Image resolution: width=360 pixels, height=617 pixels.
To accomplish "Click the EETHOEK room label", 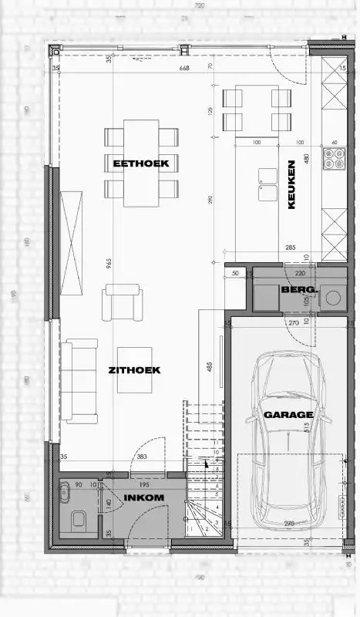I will [140, 163].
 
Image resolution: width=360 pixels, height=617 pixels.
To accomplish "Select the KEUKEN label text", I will [292, 184].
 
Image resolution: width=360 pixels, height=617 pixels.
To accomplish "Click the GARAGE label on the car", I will [289, 414].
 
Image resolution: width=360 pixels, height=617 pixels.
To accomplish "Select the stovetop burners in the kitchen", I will [335, 158].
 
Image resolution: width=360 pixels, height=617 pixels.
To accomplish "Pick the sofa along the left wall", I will [80, 381].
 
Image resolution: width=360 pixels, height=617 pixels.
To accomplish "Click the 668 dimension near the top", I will [183, 69].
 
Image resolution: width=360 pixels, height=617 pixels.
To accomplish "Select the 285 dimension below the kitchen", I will [291, 248].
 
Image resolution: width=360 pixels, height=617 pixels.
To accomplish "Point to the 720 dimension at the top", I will [199, 5].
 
